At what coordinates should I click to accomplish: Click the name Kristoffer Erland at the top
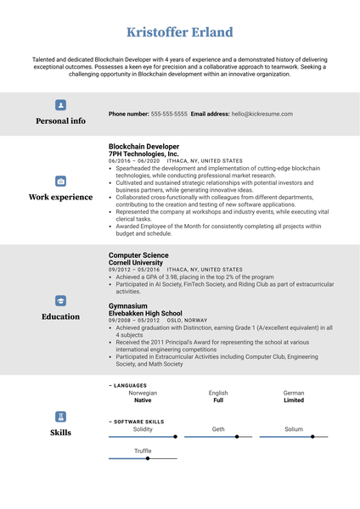[x=179, y=32]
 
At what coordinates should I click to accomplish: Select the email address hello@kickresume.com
[x=250, y=114]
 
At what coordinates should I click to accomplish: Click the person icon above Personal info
[x=60, y=105]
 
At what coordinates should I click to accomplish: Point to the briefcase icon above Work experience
[x=60, y=181]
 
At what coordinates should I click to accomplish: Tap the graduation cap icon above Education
[x=60, y=300]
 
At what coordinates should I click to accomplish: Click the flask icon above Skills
[x=60, y=417]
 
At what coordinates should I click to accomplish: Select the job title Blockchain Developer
[x=143, y=146]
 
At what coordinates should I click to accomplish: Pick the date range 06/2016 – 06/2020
[x=134, y=161]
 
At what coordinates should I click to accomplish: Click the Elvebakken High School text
[x=145, y=313]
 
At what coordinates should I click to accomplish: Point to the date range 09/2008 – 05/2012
[x=134, y=321]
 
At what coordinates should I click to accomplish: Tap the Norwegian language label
[x=143, y=394]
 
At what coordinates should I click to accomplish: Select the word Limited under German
[x=294, y=400]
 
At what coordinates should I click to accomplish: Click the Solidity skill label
[x=143, y=429]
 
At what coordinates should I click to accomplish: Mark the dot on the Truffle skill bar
[x=148, y=458]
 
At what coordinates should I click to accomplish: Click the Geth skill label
[x=218, y=429]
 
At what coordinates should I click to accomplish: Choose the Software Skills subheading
[x=138, y=421]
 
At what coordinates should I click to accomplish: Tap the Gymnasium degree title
[x=128, y=305]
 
